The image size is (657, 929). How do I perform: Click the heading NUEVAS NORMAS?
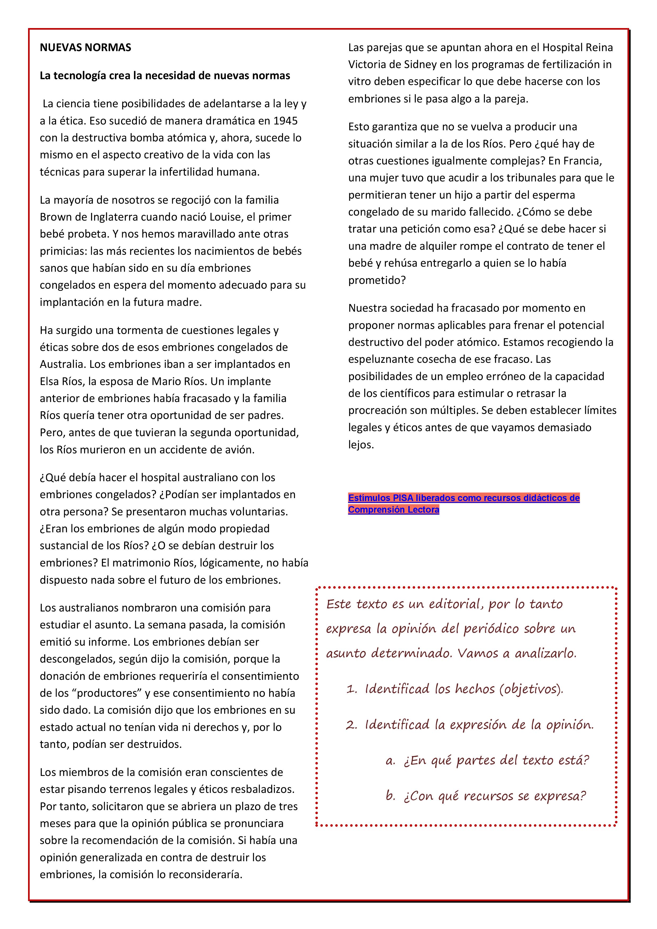pyautogui.click(x=85, y=48)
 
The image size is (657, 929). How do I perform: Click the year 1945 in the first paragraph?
pyautogui.click(x=286, y=121)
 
